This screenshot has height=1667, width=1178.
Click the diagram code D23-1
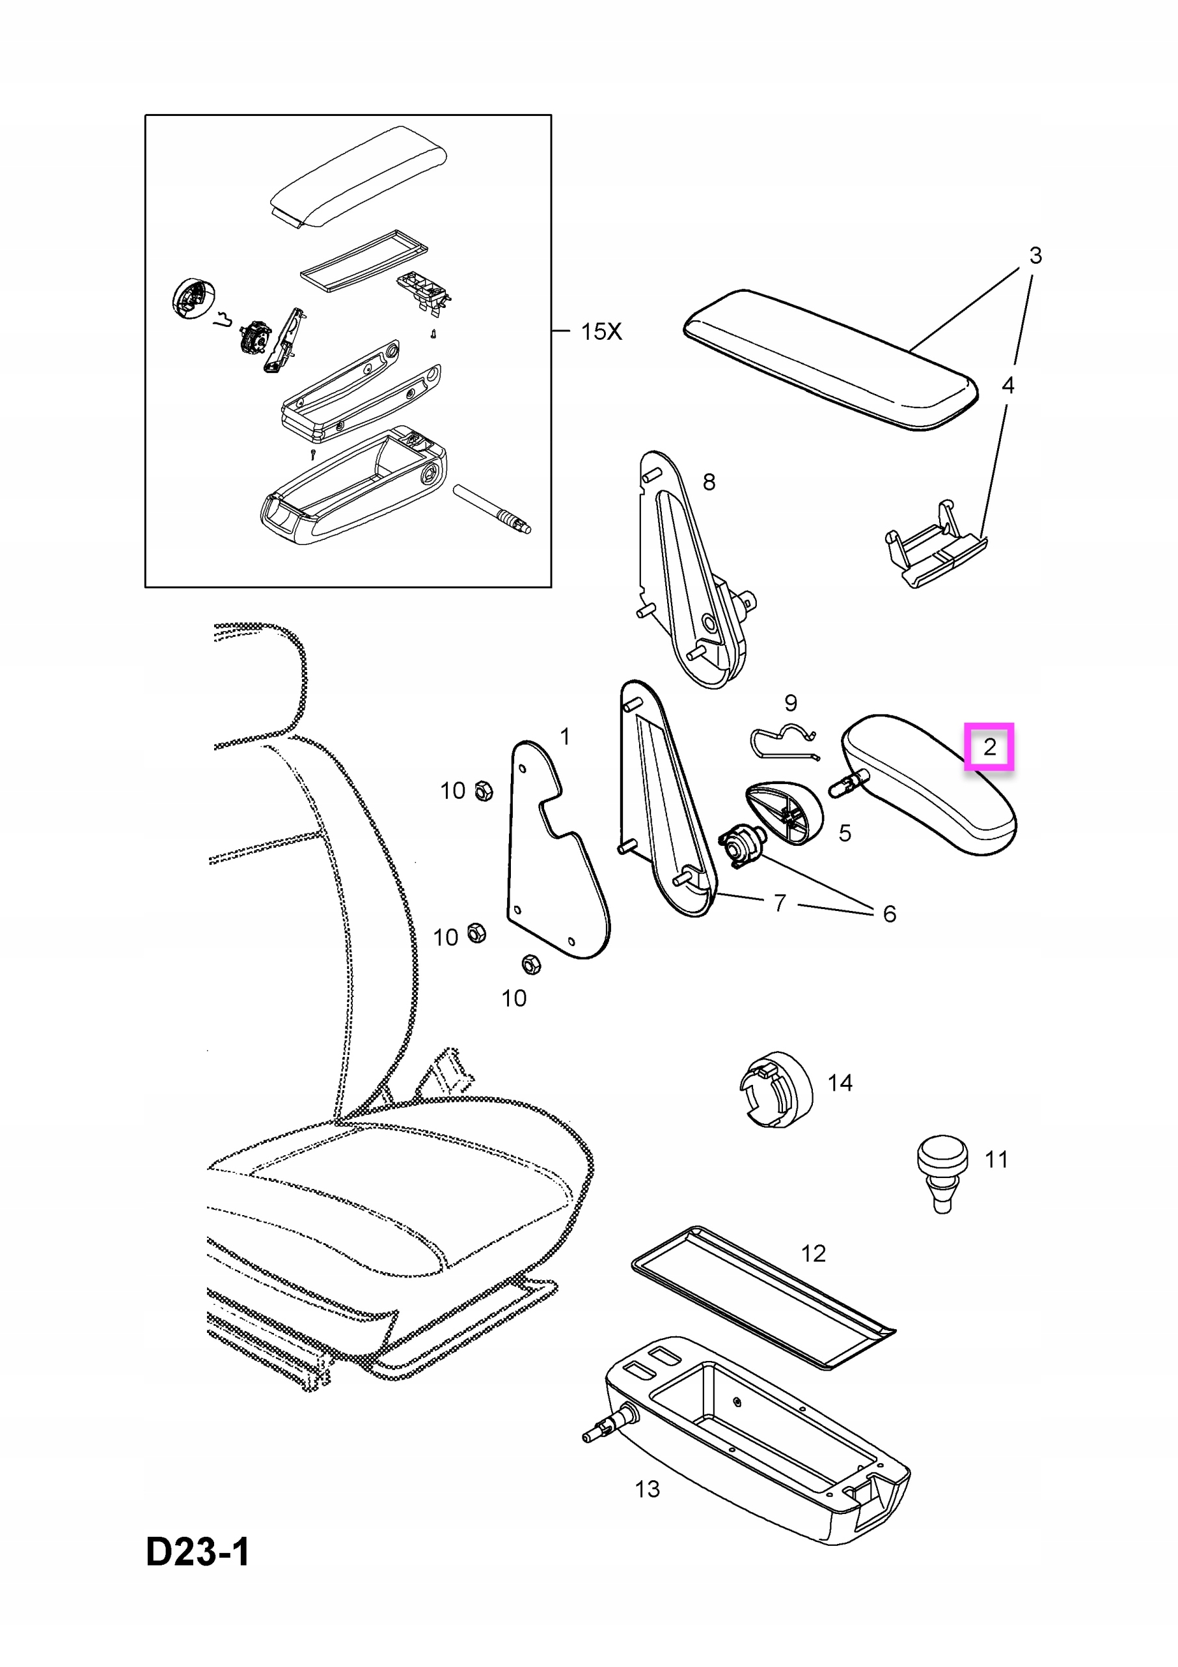point(197,1553)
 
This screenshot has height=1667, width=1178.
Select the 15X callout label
point(601,332)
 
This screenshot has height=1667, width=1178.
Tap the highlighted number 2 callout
point(989,746)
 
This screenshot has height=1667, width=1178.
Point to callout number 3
point(1035,255)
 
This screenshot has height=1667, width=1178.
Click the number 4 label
point(1007,385)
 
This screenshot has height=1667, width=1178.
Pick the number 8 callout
point(709,481)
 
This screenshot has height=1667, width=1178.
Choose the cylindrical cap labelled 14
point(776,1089)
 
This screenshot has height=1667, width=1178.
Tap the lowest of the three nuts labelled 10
point(531,964)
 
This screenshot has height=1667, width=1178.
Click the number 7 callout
point(780,903)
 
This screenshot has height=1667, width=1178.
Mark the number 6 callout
point(889,914)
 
